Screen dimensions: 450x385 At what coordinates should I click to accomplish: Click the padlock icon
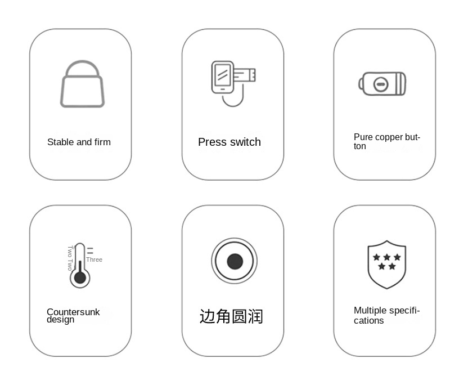(82, 84)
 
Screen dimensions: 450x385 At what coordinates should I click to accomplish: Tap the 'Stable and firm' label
(79, 142)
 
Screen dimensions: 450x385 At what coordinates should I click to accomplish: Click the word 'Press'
(213, 142)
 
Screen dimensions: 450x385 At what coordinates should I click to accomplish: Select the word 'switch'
(245, 142)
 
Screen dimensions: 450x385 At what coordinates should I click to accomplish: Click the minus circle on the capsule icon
(381, 84)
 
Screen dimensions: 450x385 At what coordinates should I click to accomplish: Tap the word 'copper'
(388, 137)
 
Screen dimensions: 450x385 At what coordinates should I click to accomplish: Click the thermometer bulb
(80, 278)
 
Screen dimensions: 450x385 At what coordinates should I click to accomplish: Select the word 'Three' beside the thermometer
(94, 259)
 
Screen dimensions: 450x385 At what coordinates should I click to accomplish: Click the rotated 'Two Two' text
(70, 258)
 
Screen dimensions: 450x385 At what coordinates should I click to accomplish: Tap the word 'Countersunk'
(73, 312)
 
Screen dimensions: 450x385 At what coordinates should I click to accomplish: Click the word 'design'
(60, 320)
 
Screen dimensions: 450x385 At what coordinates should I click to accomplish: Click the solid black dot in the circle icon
(235, 262)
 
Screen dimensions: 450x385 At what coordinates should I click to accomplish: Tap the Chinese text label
(231, 316)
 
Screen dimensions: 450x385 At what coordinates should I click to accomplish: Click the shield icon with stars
(387, 265)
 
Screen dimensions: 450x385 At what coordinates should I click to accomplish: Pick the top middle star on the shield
(387, 257)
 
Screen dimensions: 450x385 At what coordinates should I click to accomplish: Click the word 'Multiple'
(370, 310)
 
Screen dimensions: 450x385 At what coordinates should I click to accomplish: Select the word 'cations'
(369, 320)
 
